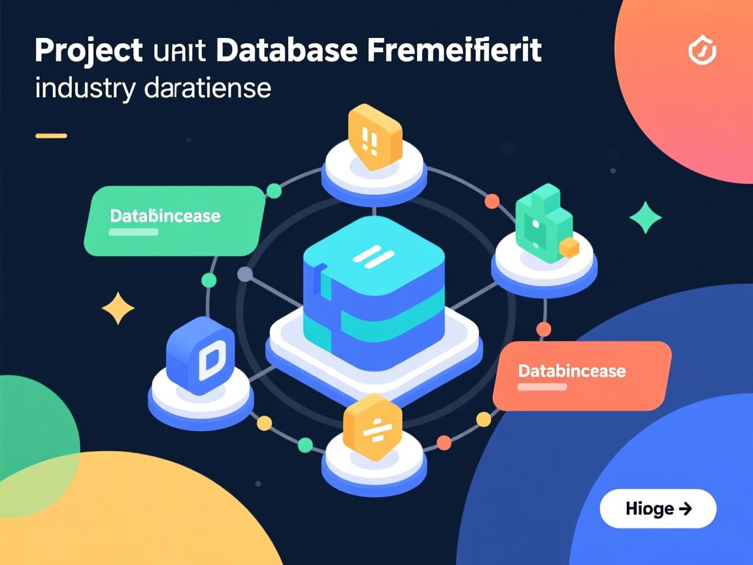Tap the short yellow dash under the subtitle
tap(51, 136)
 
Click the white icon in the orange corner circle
tap(703, 52)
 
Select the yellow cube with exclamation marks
tap(373, 137)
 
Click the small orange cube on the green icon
tap(569, 247)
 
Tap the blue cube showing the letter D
tap(201, 356)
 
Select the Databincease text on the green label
tap(165, 216)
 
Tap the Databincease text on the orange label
tap(572, 371)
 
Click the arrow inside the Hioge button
tap(686, 508)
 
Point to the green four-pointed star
tap(644, 217)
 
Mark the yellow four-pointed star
tap(118, 308)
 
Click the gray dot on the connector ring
tap(244, 274)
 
